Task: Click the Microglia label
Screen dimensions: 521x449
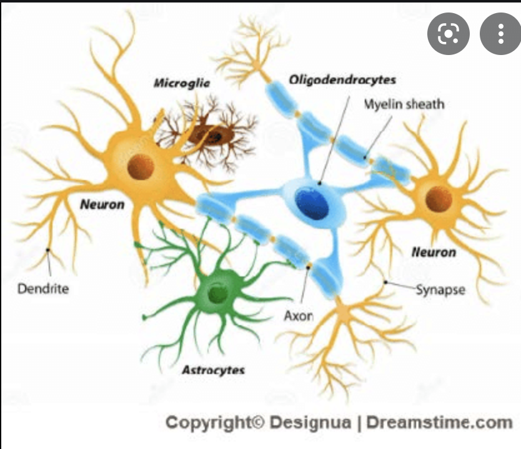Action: (182, 83)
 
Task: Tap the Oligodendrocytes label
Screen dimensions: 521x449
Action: (342, 79)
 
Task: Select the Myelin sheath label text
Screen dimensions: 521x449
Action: (404, 104)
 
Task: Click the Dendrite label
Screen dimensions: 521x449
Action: (42, 289)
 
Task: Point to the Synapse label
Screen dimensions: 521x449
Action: (440, 290)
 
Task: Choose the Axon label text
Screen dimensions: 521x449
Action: (298, 316)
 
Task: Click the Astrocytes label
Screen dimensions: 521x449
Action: (213, 370)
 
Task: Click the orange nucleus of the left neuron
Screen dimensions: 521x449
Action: (141, 168)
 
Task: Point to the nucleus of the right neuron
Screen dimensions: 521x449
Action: (439, 199)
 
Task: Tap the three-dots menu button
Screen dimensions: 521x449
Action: (500, 34)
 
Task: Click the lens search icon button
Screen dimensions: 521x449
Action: (448, 34)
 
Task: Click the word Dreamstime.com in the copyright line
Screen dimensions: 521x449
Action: (439, 423)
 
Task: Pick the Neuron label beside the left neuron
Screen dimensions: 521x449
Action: (102, 204)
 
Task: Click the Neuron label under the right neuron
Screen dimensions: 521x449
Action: (434, 252)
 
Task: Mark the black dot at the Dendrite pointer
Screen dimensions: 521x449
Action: (47, 250)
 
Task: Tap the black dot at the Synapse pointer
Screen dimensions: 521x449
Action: (385, 283)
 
